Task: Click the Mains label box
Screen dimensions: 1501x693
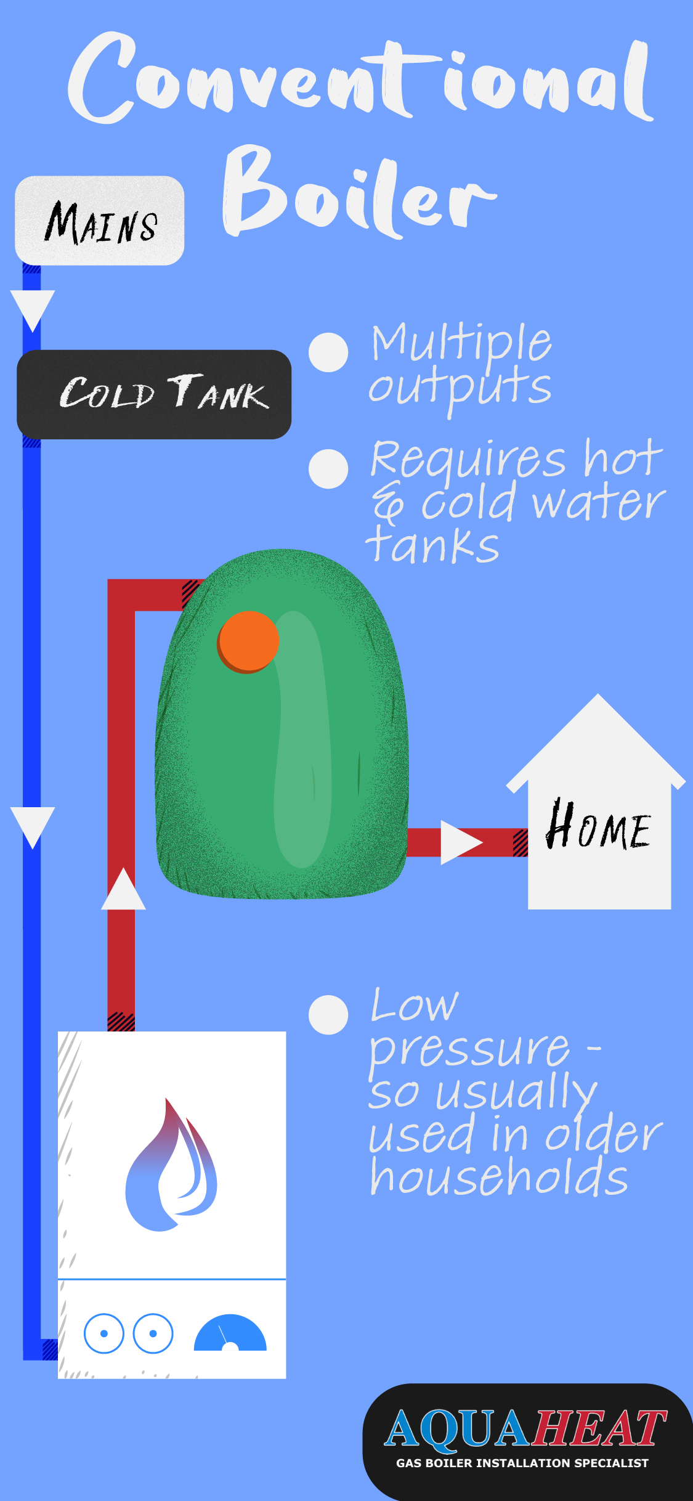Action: pyautogui.click(x=99, y=221)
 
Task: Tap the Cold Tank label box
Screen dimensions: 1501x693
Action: pyautogui.click(x=154, y=394)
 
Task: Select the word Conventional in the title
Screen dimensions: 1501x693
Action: pyautogui.click(x=360, y=80)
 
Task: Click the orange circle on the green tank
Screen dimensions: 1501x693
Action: pyautogui.click(x=248, y=641)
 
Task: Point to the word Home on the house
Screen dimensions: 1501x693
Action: pyautogui.click(x=598, y=826)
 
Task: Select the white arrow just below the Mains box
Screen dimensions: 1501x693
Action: pyautogui.click(x=33, y=309)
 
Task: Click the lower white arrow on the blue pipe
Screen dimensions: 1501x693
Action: pyautogui.click(x=33, y=826)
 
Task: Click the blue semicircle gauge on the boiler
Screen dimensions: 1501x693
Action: pyautogui.click(x=230, y=1335)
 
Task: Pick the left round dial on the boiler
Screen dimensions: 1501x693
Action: pyautogui.click(x=103, y=1333)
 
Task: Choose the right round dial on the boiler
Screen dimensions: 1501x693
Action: pyautogui.click(x=153, y=1333)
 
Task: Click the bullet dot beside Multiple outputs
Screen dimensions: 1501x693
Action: pyautogui.click(x=328, y=352)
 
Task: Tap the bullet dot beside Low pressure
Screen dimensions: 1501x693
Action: pyautogui.click(x=328, y=1015)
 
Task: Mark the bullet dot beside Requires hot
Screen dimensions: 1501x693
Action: pyautogui.click(x=328, y=469)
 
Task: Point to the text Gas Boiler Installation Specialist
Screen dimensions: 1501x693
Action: pyautogui.click(x=522, y=1463)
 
